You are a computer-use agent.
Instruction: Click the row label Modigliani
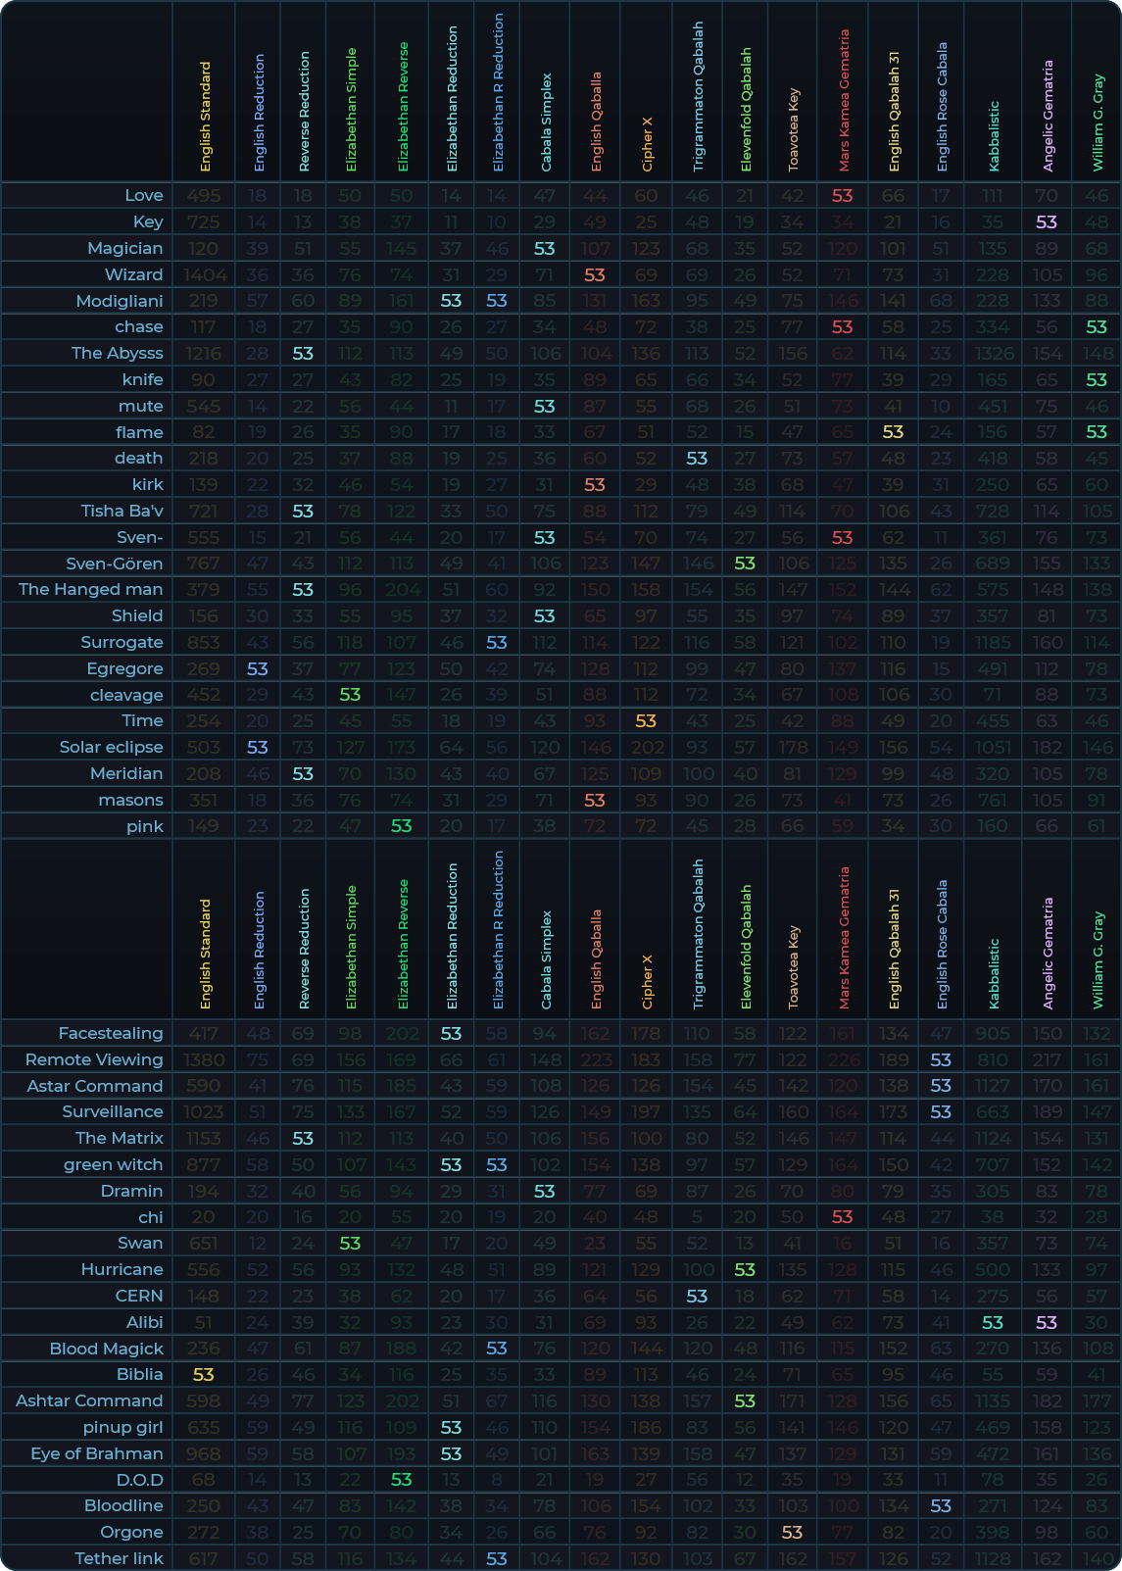(120, 301)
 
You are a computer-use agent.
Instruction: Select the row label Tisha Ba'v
(122, 511)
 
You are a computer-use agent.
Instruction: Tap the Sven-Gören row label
(114, 564)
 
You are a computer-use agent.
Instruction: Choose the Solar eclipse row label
(111, 747)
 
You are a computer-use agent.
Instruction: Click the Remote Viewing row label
(94, 1059)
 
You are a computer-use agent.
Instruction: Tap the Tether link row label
(119, 1558)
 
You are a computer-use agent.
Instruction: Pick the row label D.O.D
(139, 1480)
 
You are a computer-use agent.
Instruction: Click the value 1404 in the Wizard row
(204, 274)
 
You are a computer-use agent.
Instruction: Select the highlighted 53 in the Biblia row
(204, 1375)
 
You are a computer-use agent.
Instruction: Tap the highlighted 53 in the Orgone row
(793, 1532)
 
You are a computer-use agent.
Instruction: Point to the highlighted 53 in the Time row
(646, 720)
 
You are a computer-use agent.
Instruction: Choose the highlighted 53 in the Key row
(1047, 222)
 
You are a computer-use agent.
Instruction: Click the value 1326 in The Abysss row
(993, 353)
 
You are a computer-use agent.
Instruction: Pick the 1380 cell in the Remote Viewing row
(204, 1059)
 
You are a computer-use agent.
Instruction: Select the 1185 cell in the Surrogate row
(993, 642)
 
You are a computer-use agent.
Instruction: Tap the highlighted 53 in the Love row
(843, 196)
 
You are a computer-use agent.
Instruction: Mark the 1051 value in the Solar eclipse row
(993, 747)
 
